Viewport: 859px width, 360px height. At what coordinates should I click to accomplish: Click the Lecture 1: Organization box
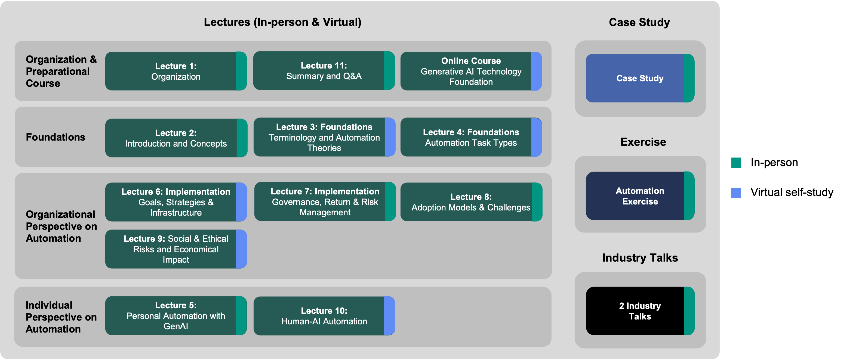click(176, 71)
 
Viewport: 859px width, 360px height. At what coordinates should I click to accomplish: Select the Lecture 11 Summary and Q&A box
click(324, 71)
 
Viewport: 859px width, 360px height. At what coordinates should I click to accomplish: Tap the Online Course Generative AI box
click(470, 71)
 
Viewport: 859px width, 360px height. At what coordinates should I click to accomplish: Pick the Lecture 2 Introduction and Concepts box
click(176, 138)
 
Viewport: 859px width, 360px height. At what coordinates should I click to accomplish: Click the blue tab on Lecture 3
click(390, 137)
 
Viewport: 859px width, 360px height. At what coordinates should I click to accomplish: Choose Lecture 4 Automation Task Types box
click(470, 137)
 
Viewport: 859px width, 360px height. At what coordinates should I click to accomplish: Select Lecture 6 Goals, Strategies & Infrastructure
click(176, 202)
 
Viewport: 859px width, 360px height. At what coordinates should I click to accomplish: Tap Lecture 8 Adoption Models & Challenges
click(470, 202)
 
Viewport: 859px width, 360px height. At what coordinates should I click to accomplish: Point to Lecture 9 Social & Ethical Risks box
click(176, 249)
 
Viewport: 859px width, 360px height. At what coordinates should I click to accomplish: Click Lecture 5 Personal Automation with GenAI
click(176, 316)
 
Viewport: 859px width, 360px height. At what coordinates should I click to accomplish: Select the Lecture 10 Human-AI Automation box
click(324, 316)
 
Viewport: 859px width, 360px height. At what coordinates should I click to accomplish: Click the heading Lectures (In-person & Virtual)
click(282, 22)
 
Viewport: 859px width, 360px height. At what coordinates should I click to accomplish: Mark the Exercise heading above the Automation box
click(643, 142)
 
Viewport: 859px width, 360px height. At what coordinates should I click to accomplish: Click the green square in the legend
click(736, 163)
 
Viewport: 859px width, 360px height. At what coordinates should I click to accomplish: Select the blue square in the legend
click(736, 193)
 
